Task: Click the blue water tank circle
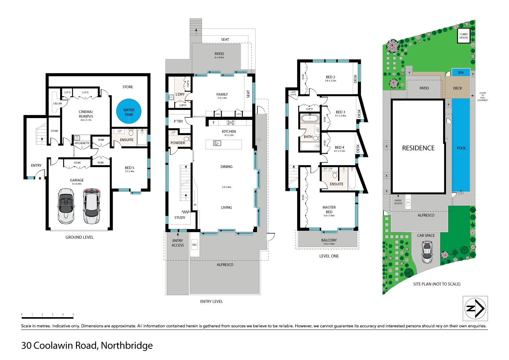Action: [129, 112]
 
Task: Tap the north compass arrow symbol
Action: [475, 308]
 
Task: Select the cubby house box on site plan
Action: [464, 36]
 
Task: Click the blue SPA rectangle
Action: [461, 72]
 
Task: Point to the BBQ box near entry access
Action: [195, 245]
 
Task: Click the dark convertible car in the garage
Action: [66, 206]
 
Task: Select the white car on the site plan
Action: [427, 252]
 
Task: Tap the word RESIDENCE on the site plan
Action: [418, 148]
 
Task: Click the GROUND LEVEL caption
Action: [80, 237]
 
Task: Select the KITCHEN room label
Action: [229, 131]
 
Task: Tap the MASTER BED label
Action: [329, 210]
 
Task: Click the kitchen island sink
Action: [217, 143]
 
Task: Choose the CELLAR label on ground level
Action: [58, 103]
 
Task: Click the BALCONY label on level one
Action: [329, 240]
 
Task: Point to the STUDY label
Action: [180, 217]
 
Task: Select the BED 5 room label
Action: [130, 168]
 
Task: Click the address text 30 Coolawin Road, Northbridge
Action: [87, 346]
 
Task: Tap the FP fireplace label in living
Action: [195, 205]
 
